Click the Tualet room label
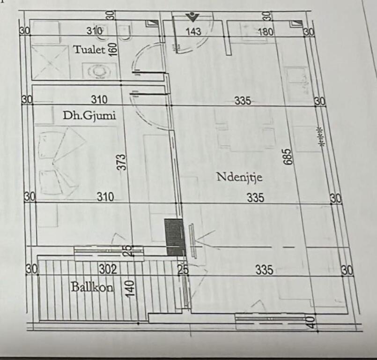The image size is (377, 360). pyautogui.click(x=89, y=49)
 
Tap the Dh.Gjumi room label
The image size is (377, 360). pyautogui.click(x=89, y=115)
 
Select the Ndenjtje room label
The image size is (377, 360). pyautogui.click(x=239, y=177)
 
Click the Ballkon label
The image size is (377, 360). pyautogui.click(x=92, y=287)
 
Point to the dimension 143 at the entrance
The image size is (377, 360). pyautogui.click(x=193, y=32)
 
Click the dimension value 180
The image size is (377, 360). pyautogui.click(x=266, y=32)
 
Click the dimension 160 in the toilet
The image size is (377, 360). pyautogui.click(x=112, y=48)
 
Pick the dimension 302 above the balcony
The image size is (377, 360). pyautogui.click(x=107, y=270)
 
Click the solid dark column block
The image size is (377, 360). pyautogui.click(x=176, y=237)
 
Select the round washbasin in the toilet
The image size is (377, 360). pyautogui.click(x=99, y=70)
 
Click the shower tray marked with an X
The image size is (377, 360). pyautogui.click(x=51, y=62)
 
